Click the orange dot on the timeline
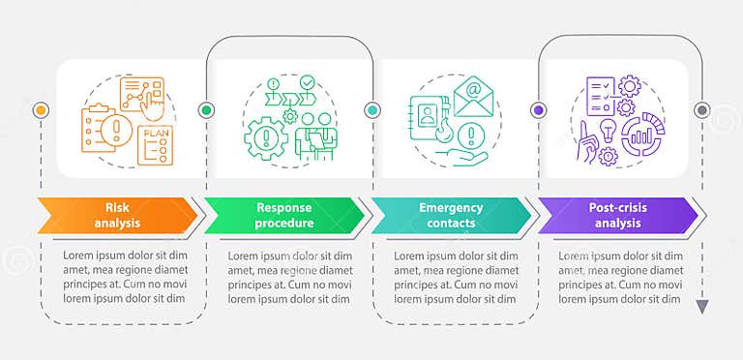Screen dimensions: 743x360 tap(40, 110)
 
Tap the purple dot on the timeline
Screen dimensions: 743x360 tap(537, 110)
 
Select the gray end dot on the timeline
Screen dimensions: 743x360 tap(702, 110)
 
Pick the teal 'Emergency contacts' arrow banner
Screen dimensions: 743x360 tap(450, 215)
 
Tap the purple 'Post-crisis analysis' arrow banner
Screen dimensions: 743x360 tap(616, 215)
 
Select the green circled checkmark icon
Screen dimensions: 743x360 tap(308, 84)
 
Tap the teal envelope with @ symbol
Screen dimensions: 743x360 tap(474, 94)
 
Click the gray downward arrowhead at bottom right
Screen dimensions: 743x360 tap(702, 307)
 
